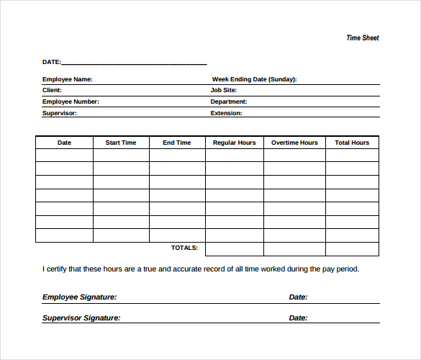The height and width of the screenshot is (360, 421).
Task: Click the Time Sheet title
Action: point(362,38)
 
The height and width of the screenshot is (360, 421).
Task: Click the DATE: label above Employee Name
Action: point(52,62)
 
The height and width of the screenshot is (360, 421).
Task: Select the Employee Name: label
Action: point(67,79)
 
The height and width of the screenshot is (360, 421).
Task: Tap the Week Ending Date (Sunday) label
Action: point(254,79)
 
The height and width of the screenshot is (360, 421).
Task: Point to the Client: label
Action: point(52,91)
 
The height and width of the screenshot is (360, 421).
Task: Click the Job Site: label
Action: point(223,91)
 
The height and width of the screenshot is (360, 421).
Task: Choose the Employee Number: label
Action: point(71,102)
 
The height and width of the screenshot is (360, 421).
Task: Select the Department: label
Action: point(229,102)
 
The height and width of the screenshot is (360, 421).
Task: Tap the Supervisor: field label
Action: point(59,113)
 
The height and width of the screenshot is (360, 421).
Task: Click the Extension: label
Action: point(226,113)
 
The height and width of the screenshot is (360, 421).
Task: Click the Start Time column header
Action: point(121,143)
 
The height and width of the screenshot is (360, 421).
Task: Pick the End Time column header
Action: point(177,143)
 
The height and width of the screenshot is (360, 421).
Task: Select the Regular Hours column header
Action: point(234,143)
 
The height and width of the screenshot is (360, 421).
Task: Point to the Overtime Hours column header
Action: point(294,143)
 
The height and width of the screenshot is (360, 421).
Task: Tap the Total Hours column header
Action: point(352,143)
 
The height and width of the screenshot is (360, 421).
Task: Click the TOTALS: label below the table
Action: point(184,248)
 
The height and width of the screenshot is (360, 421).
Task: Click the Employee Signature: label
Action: point(79,297)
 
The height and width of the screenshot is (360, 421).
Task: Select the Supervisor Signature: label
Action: point(81,318)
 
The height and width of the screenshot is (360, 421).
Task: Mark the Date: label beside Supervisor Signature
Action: point(298,318)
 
